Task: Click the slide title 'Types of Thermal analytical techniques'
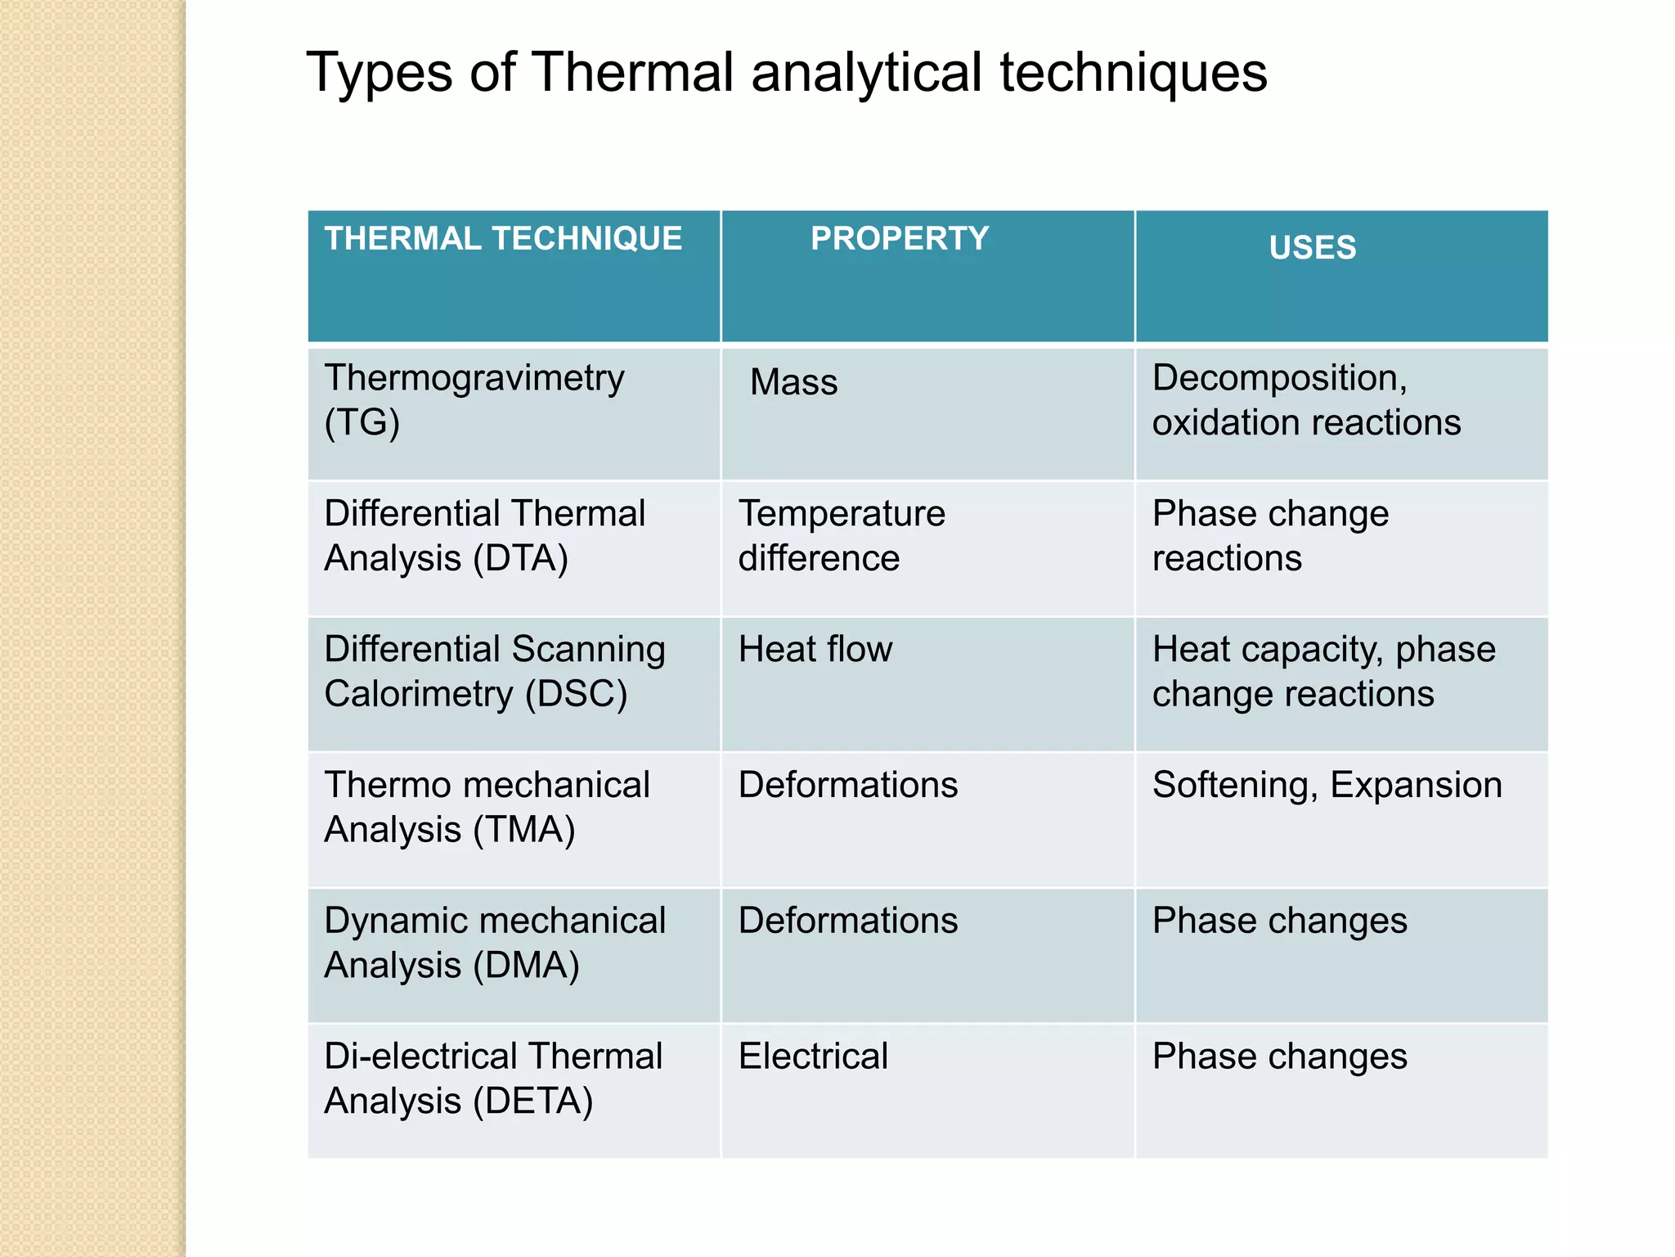point(786,73)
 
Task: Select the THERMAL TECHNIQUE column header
point(503,239)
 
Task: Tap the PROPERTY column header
point(900,239)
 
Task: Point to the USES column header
point(1312,247)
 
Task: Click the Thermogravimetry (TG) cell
point(474,400)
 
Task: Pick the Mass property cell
point(793,382)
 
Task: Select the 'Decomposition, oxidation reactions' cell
point(1305,400)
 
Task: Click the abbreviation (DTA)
point(520,559)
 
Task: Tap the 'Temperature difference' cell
point(842,536)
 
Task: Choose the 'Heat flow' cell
point(815,650)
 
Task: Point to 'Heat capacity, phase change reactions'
point(1323,672)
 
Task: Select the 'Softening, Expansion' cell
point(1327,785)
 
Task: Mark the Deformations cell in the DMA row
point(848,921)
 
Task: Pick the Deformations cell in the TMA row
point(848,785)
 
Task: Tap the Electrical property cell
point(813,1057)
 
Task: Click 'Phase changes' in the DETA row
point(1279,1057)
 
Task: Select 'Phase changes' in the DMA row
point(1279,921)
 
